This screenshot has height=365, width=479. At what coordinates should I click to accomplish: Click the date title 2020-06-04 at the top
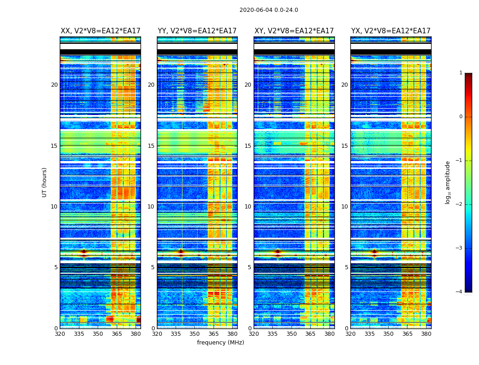(269, 10)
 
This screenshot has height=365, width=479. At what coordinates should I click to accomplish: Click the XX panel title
(100, 31)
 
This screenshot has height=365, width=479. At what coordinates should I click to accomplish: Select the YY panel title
(197, 31)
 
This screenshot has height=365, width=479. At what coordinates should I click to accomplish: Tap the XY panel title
(294, 31)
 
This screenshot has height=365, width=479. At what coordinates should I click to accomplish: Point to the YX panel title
(391, 31)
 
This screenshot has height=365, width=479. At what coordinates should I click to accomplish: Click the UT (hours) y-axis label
(44, 182)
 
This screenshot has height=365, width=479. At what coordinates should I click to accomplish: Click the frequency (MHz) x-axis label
(220, 343)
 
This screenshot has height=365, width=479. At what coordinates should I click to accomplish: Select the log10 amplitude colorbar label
(448, 182)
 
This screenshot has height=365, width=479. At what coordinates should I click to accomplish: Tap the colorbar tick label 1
(460, 73)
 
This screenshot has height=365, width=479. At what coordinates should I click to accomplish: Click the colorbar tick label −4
(459, 292)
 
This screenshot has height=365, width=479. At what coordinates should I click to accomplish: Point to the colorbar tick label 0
(460, 117)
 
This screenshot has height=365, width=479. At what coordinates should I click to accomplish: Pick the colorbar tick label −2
(459, 204)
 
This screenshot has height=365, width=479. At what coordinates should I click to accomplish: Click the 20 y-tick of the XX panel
(54, 85)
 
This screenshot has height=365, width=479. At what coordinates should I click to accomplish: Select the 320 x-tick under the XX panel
(60, 334)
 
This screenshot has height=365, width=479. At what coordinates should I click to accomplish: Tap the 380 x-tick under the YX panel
(426, 334)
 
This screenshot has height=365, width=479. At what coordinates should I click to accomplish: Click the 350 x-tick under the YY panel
(195, 334)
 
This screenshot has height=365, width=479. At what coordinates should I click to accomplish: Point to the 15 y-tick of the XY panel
(248, 146)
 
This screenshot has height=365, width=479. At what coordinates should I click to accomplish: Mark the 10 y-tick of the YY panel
(151, 207)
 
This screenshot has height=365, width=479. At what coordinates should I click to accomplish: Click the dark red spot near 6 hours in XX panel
(83, 251)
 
